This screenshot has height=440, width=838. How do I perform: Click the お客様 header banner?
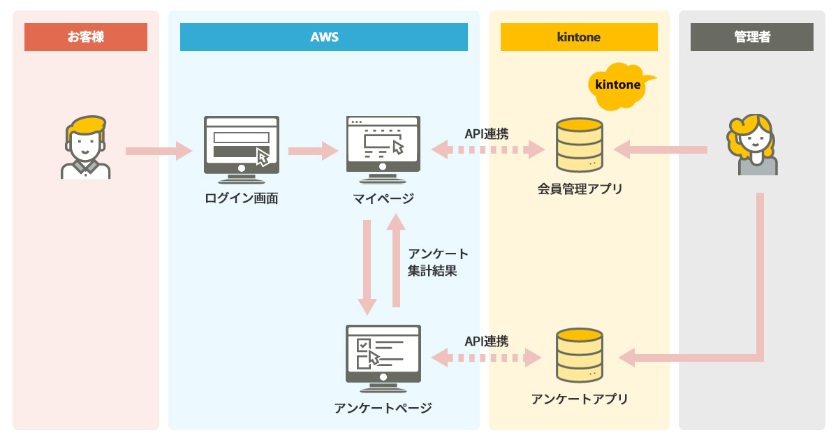coord(86,37)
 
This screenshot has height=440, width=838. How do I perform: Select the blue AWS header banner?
coord(324,37)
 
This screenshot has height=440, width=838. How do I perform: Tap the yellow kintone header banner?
coord(579,37)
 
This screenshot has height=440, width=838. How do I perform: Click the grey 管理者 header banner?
coord(752,37)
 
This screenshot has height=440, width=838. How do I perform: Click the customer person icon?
coord(85,147)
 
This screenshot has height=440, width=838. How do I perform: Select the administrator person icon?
coord(752,145)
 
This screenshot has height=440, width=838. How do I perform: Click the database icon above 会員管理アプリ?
coord(579,145)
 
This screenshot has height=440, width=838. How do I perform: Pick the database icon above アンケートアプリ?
coord(579,355)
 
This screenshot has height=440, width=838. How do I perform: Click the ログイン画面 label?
coord(242,198)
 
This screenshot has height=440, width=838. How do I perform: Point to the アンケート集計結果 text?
coord(438,262)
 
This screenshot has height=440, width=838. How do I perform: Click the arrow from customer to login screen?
coord(159,150)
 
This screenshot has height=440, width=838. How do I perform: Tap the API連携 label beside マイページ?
coord(487,133)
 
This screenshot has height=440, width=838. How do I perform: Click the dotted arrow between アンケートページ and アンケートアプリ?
coord(487,358)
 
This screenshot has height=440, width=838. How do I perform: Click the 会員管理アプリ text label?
coord(580,189)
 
